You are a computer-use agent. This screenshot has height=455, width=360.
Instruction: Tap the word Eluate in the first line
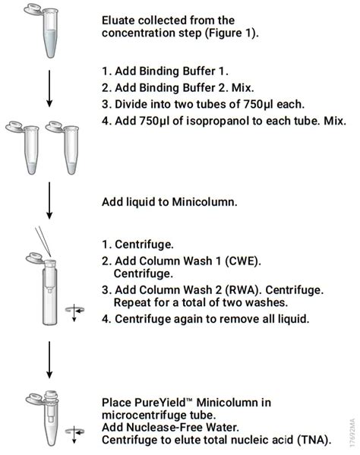coord(118,21)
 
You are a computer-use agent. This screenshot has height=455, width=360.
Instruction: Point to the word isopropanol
coord(217,121)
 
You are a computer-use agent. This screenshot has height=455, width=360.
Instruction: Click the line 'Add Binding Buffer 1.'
coord(165,71)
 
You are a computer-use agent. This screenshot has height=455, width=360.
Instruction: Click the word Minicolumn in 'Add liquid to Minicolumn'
coord(205,202)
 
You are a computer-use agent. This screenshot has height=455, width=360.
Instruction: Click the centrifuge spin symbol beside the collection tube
coord(74,311)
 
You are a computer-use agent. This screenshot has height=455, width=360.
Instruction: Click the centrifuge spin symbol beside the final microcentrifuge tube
coord(74,433)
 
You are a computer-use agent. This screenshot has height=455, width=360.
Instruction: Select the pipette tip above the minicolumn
coord(43,242)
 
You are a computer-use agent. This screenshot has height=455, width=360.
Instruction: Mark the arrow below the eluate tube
coord(49,89)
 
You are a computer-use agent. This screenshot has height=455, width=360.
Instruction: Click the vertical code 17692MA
coord(352,432)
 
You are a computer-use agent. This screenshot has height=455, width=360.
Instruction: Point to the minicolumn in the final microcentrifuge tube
coord(51,406)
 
